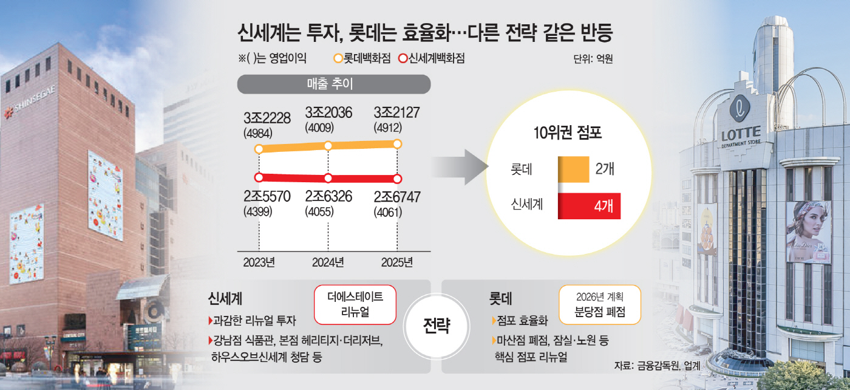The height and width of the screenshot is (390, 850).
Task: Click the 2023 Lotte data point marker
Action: tap(259, 149)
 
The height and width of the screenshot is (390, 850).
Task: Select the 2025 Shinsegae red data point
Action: tap(398, 179)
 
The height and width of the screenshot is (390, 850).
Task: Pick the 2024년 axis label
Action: tap(328, 262)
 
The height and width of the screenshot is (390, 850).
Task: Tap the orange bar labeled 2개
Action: tap(573, 169)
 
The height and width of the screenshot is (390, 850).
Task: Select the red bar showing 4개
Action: tap(588, 206)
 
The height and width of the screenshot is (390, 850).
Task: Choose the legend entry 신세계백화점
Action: tap(435, 59)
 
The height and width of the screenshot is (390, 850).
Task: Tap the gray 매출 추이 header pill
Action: tap(333, 84)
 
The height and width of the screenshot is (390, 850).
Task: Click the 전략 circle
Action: tap(435, 326)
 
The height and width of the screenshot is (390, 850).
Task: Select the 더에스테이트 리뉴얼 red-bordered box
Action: tap(355, 304)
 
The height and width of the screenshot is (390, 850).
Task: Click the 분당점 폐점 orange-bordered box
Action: tap(599, 304)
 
